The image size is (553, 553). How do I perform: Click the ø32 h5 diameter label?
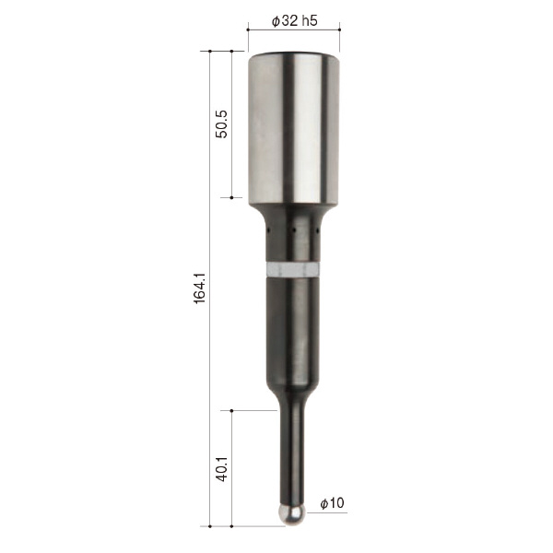[x=295, y=21]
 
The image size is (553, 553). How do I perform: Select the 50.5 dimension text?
[x=222, y=124]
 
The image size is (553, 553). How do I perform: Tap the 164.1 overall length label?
[x=200, y=288]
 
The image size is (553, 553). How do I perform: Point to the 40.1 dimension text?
[x=222, y=468]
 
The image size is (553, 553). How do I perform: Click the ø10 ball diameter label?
[x=332, y=503]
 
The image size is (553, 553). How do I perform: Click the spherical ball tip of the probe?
[x=291, y=514]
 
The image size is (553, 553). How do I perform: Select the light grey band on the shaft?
[x=293, y=270]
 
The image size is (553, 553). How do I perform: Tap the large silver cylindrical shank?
[x=293, y=129]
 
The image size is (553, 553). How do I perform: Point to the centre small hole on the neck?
[x=293, y=230]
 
